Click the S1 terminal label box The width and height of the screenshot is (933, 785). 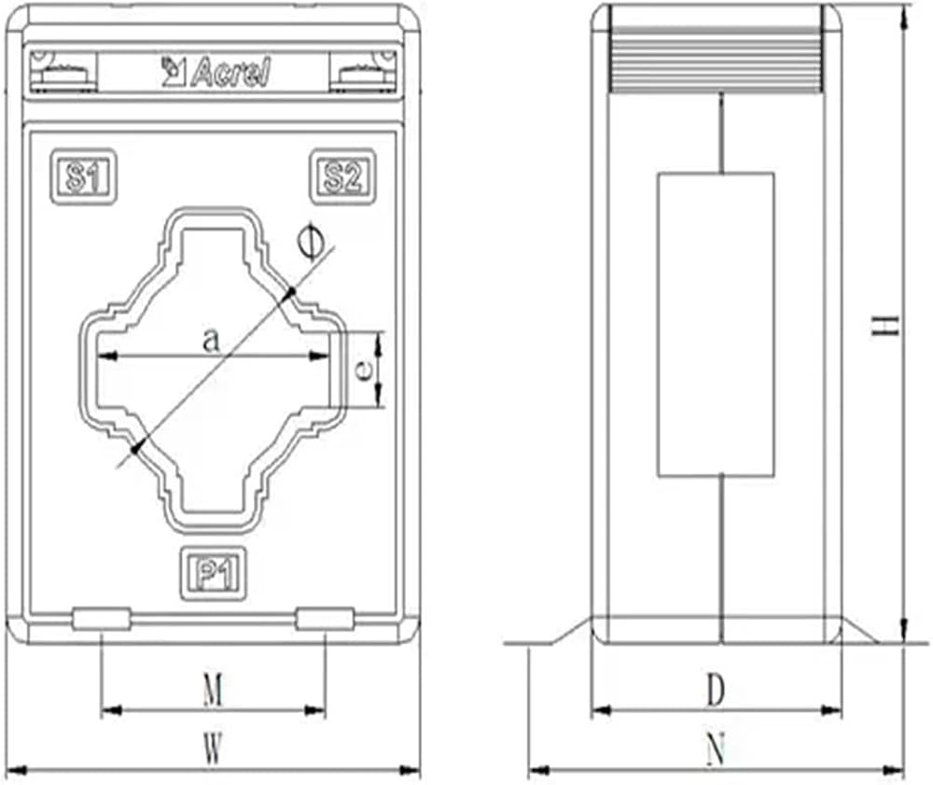[x=83, y=176]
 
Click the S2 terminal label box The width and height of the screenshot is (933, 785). [x=342, y=176]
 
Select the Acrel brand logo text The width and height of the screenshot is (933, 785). [x=216, y=73]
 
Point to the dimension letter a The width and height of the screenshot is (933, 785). [x=211, y=341]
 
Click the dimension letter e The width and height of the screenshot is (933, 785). [x=363, y=371]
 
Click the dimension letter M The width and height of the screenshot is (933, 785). [x=213, y=691]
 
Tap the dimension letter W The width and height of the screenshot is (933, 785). [x=213, y=749]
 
